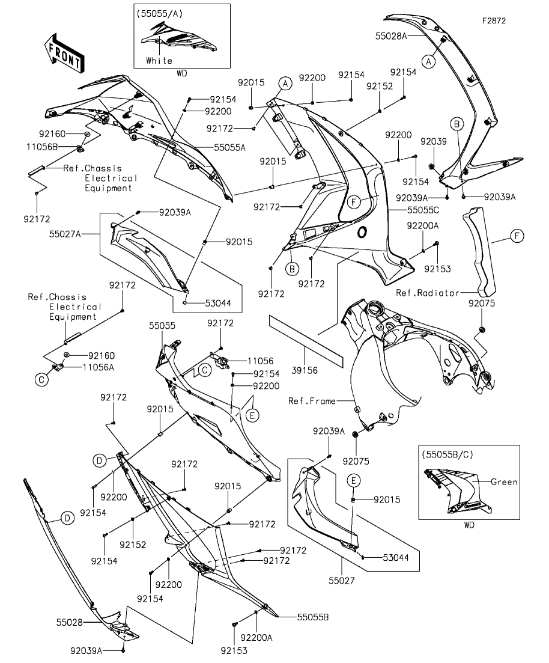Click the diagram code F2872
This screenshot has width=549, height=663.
494,20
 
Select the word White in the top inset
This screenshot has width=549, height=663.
159,61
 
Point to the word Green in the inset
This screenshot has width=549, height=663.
504,481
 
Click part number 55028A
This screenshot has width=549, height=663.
391,36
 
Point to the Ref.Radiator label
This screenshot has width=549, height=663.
427,293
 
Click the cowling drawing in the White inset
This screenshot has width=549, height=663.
178,39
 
